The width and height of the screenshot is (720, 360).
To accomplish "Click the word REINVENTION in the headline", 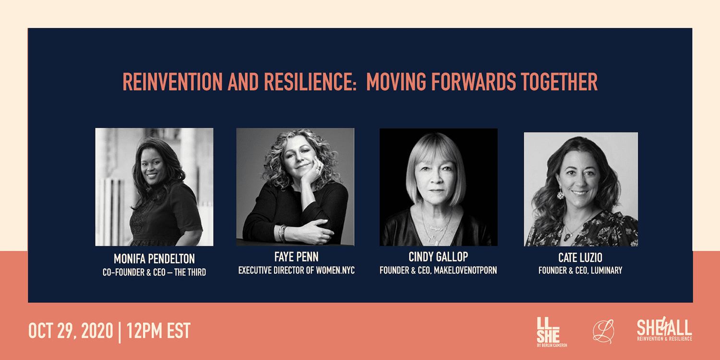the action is click(x=173, y=82).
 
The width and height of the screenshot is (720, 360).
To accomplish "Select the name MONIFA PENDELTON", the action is click(x=154, y=259).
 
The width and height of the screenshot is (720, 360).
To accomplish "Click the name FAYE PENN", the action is click(x=296, y=257).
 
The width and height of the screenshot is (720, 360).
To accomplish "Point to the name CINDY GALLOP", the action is click(x=438, y=257).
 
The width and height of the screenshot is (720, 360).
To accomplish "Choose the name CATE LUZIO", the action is click(x=580, y=257).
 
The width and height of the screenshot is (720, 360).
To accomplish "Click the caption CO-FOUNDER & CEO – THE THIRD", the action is click(x=154, y=273).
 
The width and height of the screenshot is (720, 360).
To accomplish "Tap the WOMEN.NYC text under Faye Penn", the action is click(x=335, y=270).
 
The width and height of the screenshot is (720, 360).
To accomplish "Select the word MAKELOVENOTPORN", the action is click(x=466, y=270).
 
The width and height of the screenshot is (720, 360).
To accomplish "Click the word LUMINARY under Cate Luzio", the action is click(x=607, y=270).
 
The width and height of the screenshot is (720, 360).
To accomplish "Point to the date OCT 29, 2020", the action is click(x=71, y=331).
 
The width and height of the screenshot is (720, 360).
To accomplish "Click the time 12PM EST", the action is click(x=158, y=331).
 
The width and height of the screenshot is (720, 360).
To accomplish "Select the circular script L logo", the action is click(x=603, y=331).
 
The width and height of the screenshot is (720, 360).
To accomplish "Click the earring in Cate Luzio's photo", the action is click(x=560, y=194).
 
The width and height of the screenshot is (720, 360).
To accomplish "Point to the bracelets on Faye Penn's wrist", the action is click(x=282, y=233).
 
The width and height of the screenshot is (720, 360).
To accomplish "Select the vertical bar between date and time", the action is click(x=120, y=332).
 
